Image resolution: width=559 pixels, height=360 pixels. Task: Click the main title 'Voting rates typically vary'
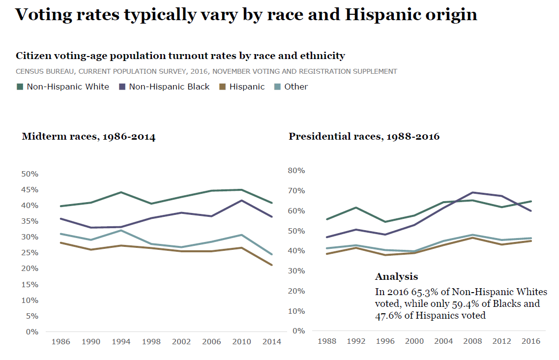tap(246, 15)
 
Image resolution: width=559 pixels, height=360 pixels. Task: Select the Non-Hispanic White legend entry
tap(63, 87)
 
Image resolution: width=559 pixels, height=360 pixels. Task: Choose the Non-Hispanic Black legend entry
tap(164, 87)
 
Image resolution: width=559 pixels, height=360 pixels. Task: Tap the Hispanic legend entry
tap(242, 87)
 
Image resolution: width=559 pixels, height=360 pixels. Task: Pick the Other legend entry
tap(291, 87)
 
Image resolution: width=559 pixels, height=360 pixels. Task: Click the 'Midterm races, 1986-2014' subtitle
tap(88, 137)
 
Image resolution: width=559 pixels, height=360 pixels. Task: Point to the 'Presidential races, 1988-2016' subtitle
tap(364, 136)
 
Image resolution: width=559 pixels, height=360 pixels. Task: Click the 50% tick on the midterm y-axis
tap(30, 174)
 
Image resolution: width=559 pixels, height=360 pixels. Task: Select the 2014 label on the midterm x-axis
tap(271, 341)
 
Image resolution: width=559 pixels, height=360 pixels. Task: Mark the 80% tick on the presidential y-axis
tap(296, 171)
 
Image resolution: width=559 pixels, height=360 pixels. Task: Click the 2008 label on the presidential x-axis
tap(473, 341)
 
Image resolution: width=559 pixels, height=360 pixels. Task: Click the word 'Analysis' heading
tap(396, 276)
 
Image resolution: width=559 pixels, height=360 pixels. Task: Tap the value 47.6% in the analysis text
tap(388, 315)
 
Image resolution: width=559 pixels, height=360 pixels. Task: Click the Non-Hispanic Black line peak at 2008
tap(473, 192)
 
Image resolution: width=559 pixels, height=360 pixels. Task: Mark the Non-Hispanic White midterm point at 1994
tap(121, 192)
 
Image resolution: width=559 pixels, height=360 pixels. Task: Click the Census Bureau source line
tap(206, 71)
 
